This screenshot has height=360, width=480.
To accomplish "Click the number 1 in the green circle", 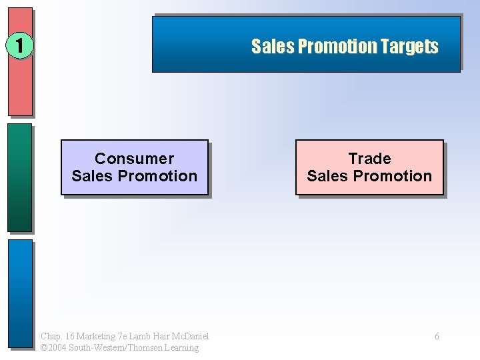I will pyautogui.click(x=20, y=46).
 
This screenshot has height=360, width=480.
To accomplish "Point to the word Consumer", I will pyautogui.click(x=134, y=159).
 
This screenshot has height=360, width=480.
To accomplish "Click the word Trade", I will pyautogui.click(x=369, y=159).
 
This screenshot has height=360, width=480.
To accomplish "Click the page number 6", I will pyautogui.click(x=437, y=336).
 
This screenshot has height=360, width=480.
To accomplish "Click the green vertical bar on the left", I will pyautogui.click(x=20, y=177).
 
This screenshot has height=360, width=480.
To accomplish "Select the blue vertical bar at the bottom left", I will pyautogui.click(x=20, y=293).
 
